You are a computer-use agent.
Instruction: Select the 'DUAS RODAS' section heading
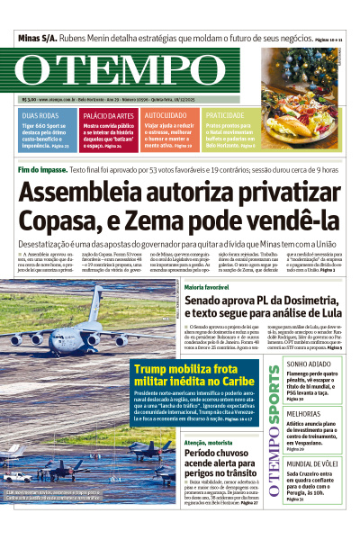(x=40, y=116)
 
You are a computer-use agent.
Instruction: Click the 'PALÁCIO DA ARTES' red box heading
(x=108, y=116)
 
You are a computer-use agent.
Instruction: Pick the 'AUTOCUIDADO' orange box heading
(x=166, y=116)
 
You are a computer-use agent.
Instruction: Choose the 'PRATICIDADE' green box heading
(x=225, y=116)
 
